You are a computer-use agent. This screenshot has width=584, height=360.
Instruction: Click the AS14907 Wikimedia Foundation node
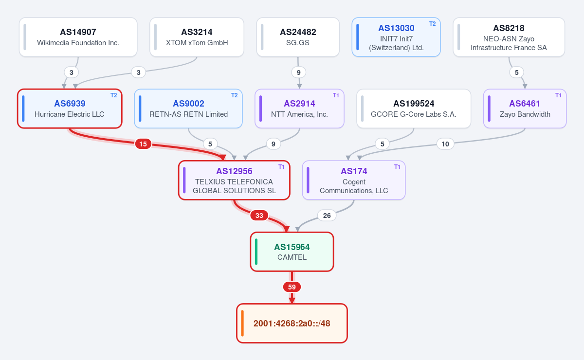click(78, 37)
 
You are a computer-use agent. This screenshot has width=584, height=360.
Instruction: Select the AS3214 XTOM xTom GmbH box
click(197, 37)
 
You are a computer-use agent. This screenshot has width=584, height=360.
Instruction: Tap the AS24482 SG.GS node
click(298, 37)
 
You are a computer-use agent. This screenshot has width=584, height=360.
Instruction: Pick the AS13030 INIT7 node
click(396, 37)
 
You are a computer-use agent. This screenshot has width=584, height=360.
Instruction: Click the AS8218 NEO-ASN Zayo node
click(509, 37)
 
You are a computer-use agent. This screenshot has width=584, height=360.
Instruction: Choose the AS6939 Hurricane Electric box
click(70, 108)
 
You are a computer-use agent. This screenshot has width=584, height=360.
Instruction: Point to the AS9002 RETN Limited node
click(188, 108)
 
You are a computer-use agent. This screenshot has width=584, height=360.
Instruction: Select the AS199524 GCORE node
click(414, 108)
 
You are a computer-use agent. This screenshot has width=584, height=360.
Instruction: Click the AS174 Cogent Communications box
click(354, 180)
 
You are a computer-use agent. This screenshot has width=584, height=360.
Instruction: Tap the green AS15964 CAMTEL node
click(292, 252)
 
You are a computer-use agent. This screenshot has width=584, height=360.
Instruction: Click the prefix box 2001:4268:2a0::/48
click(292, 323)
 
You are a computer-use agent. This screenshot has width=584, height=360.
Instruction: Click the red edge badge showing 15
click(143, 144)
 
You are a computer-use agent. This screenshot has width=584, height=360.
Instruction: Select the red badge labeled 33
click(259, 216)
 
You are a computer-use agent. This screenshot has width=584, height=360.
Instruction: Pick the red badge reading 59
click(292, 287)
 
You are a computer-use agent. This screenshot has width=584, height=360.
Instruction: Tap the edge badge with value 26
click(327, 216)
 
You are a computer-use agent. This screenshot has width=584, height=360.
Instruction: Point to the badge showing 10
click(445, 144)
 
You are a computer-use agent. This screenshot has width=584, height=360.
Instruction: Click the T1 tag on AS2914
click(336, 95)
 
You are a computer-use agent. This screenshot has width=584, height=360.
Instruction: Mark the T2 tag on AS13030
click(432, 24)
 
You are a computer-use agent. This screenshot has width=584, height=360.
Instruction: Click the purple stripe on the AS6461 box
click(489, 108)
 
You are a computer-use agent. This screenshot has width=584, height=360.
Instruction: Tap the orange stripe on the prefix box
click(242, 323)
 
